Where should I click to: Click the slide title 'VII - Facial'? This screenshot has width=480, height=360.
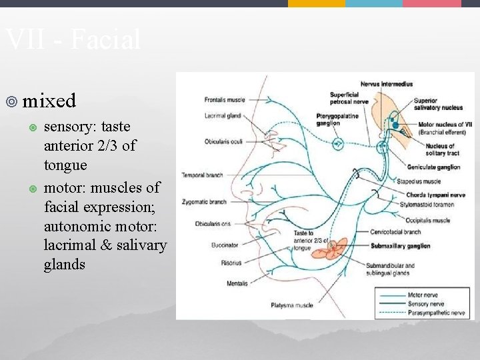(73, 40)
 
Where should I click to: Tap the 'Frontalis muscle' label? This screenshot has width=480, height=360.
(225, 100)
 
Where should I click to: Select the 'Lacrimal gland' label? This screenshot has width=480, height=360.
(223, 115)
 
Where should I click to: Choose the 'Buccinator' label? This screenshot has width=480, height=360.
(225, 245)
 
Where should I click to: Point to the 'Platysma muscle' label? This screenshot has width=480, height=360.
(291, 305)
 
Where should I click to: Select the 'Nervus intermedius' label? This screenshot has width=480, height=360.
(386, 84)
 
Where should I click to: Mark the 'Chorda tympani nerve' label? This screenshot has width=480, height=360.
(429, 194)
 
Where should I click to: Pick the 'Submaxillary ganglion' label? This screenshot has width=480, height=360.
(401, 245)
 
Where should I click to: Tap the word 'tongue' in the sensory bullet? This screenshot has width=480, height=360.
(65, 164)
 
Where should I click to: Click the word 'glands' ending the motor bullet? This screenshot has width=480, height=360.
(65, 264)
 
